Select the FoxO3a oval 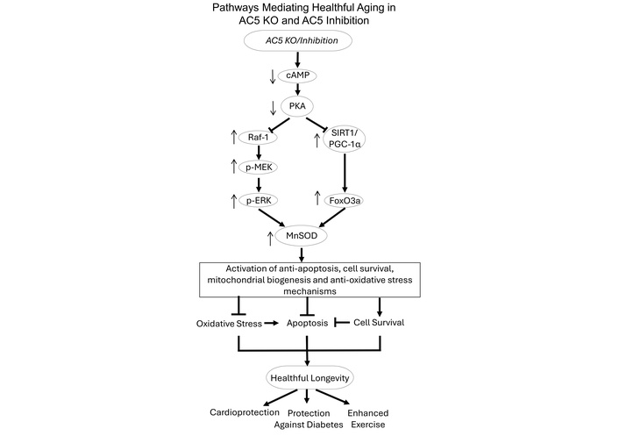[x=344, y=201]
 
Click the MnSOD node [x=301, y=235]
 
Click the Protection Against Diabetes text [x=303, y=418]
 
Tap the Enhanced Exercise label [x=367, y=418]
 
